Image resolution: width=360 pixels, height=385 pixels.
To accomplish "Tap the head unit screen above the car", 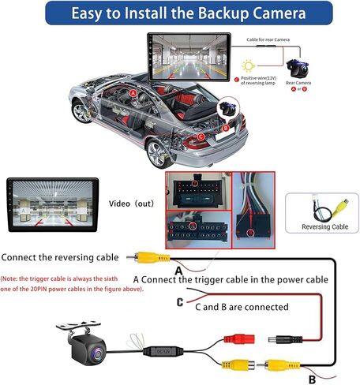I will [184, 57].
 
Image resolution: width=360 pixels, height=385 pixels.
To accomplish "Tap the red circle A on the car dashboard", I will [133, 93].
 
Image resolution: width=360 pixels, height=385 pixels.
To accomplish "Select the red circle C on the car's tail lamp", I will [200, 136].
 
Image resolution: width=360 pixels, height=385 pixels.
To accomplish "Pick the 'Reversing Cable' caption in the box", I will [324, 227].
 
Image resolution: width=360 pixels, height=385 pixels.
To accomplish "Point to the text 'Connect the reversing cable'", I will [61, 257].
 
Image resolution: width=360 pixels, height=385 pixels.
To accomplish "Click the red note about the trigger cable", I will [63, 284].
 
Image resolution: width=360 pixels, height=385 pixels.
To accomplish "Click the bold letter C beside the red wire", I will [180, 301].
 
